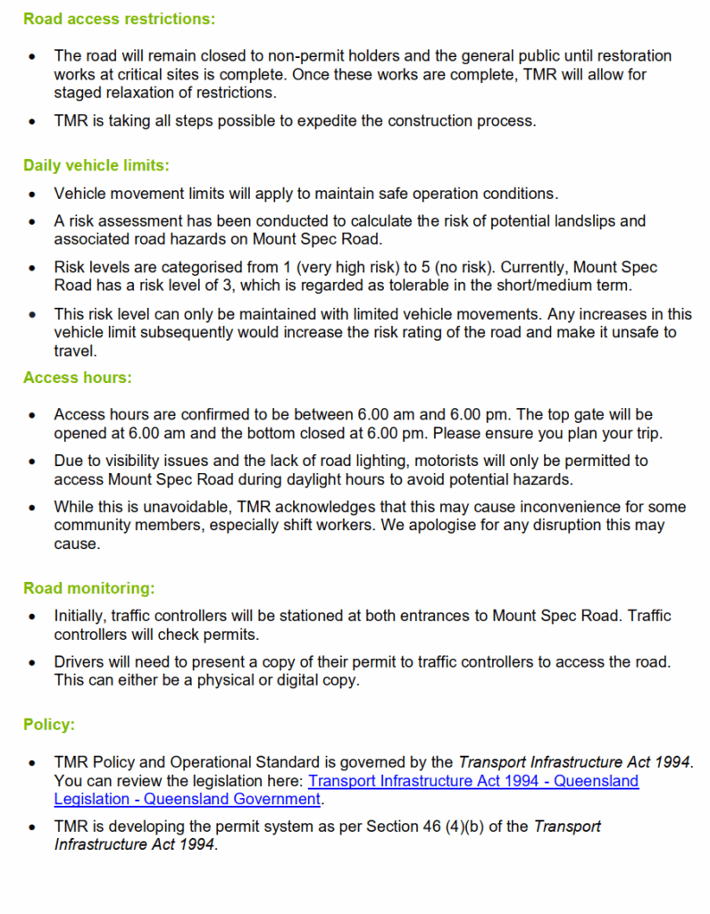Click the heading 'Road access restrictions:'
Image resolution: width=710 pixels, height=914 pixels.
(x=119, y=18)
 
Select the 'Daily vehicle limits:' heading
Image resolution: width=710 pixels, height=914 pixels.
(x=96, y=165)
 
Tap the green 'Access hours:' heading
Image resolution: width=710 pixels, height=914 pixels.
(x=77, y=378)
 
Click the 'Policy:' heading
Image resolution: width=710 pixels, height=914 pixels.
(x=48, y=725)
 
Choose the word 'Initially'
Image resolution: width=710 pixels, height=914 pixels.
(x=81, y=616)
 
